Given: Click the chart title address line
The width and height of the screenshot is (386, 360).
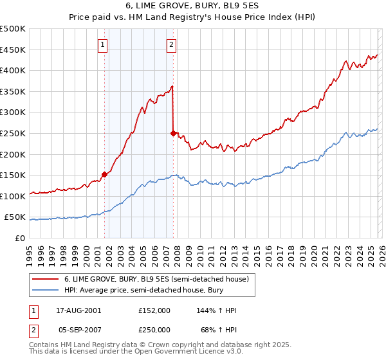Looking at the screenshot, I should pos(192,7).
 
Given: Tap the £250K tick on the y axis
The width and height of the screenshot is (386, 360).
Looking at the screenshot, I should pos(13,133).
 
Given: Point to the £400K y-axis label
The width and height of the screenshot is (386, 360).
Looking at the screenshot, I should pos(13,70).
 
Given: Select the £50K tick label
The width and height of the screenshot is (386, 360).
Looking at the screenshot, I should pos(15,217).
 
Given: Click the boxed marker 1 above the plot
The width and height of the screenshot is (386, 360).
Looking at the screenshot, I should pos(104,44).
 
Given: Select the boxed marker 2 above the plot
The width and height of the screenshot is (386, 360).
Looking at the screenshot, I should pos(172,44).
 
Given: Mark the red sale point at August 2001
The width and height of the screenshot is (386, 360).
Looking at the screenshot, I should pos(104,174).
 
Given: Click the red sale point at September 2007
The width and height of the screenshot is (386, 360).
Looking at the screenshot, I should pos(173,133).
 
